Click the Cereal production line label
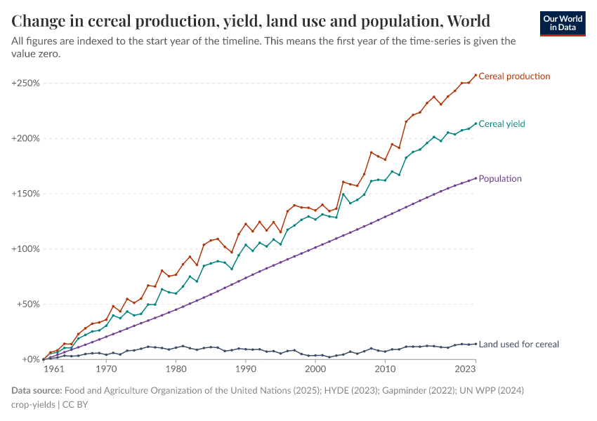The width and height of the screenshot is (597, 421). coord(514,76)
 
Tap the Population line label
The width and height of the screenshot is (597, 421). coord(500,179)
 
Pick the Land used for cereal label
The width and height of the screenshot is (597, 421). coord(518,345)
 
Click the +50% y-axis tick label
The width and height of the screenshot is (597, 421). coord(27,305)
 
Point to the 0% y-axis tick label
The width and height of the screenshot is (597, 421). coord(30,359)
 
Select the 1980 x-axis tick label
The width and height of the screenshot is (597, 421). coord(176,368)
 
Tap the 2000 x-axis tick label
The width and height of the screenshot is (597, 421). coord(315,368)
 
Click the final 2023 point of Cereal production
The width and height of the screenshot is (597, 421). coord(475,75)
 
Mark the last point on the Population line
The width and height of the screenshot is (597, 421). coord(475,178)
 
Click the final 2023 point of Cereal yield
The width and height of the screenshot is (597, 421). coord(475,123)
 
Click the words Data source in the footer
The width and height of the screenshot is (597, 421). coord(37,390)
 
